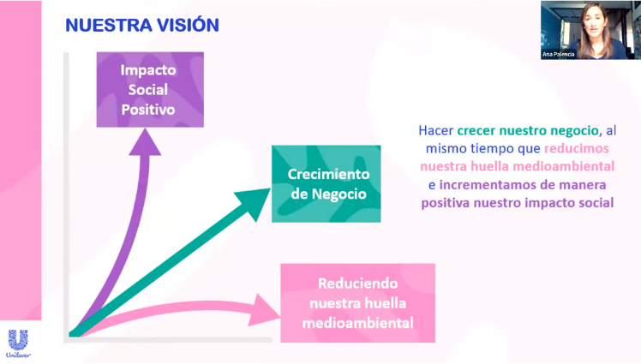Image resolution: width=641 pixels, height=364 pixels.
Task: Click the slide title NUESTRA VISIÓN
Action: [142, 25]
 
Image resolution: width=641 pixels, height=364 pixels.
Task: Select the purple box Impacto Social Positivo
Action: [149, 90]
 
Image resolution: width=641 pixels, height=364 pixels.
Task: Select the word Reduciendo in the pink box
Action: [358, 283]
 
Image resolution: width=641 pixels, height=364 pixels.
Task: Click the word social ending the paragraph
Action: [596, 203]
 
